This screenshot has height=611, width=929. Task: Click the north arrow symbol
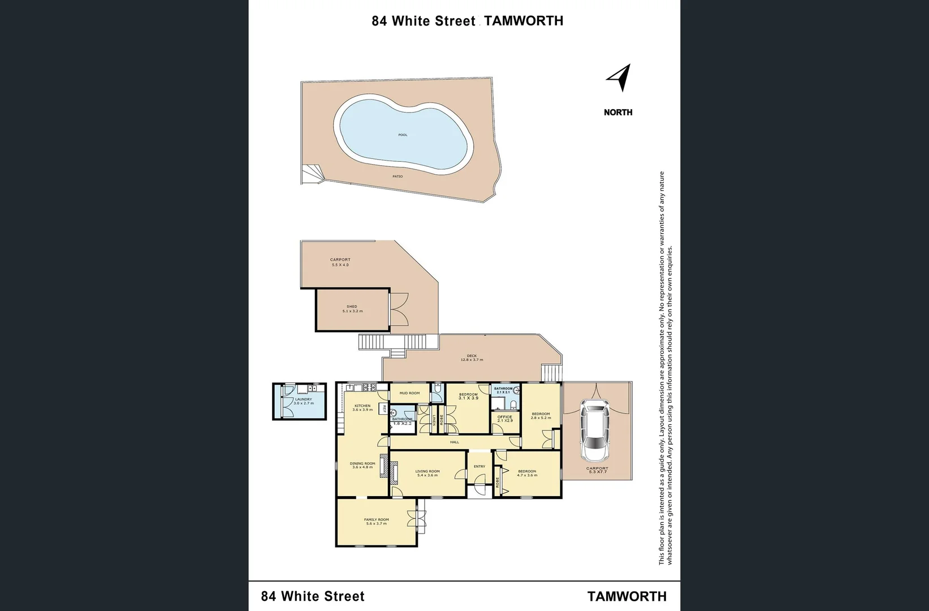[x=620, y=78]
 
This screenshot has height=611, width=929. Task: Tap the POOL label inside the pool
[x=403, y=135]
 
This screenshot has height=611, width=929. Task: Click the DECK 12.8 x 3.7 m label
[x=472, y=358]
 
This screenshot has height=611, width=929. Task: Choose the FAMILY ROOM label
[x=376, y=522]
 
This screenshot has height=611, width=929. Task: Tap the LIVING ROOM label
[x=427, y=474]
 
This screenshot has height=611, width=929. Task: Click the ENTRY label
[x=479, y=467]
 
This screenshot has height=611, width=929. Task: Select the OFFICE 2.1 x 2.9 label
[x=504, y=419]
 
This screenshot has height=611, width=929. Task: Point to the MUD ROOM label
[x=409, y=393]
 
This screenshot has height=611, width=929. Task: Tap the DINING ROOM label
[x=362, y=465]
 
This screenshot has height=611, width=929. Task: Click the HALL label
[x=455, y=442]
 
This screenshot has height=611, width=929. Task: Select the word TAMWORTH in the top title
[x=524, y=21]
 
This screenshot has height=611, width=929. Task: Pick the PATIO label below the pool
[x=397, y=177]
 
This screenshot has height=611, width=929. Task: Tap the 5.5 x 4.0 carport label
[x=340, y=262]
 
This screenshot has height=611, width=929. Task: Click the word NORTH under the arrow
[x=618, y=112]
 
